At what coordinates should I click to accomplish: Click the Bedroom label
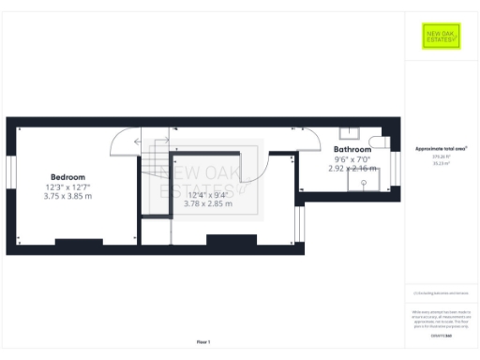tap(67, 177)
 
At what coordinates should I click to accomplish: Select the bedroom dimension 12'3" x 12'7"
tap(67, 187)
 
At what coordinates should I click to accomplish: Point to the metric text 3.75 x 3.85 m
tap(67, 196)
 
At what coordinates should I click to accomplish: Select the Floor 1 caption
tap(203, 341)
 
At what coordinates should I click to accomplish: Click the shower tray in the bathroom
tap(362, 182)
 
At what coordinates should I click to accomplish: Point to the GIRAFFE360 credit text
tap(441, 334)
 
